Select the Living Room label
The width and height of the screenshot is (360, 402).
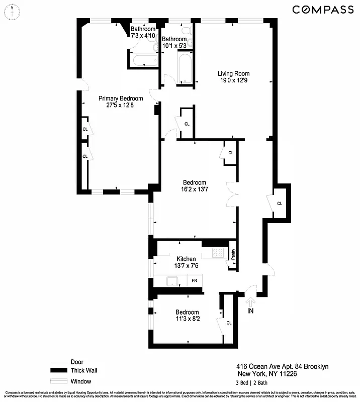point(234,74)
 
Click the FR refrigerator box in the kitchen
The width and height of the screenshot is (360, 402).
point(194,280)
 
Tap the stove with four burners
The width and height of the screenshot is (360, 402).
point(218,252)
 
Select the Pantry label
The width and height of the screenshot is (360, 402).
point(233,253)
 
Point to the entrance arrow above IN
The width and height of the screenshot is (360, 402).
point(250,301)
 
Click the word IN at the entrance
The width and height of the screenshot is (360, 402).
point(251,312)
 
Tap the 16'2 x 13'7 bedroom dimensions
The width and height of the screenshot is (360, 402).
point(194,189)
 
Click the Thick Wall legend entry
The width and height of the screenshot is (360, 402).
point(83,371)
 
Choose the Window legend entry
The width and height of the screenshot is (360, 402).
point(81,380)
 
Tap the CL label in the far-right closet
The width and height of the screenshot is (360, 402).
point(280,204)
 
